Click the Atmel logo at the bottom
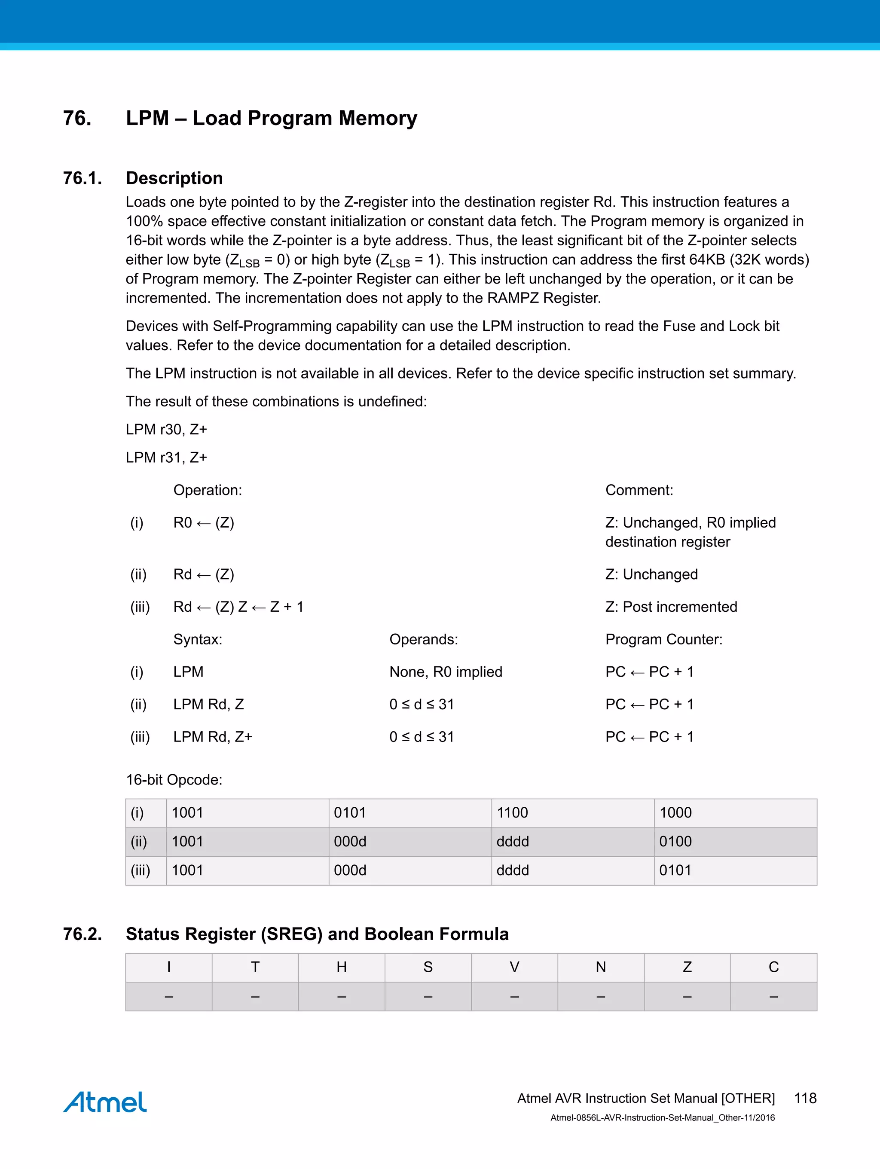point(105,1102)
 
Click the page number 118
point(805,1098)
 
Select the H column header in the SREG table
point(342,967)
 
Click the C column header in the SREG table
point(773,967)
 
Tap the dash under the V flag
point(514,997)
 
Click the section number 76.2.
point(82,934)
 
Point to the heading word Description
point(174,178)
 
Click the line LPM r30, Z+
point(166,430)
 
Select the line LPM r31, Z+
point(166,458)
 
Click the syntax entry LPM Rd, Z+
point(212,737)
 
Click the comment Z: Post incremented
point(671,607)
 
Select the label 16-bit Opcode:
point(174,780)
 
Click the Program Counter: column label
point(663,639)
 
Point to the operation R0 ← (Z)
point(204,523)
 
